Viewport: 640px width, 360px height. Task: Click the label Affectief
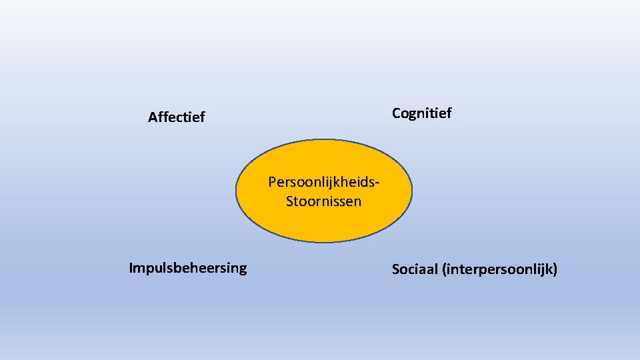[x=177, y=118]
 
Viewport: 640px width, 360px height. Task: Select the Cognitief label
[x=421, y=113]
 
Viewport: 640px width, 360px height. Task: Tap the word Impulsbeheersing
[x=187, y=268]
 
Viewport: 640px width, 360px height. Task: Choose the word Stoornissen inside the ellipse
[x=324, y=201]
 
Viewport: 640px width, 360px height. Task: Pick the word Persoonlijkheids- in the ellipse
[x=324, y=181]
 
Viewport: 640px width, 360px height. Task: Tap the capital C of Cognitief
[x=397, y=113]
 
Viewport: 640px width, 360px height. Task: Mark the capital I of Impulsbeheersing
[x=131, y=268]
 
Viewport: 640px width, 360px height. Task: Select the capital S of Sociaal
[x=396, y=269]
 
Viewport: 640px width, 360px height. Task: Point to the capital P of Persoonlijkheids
[x=272, y=181]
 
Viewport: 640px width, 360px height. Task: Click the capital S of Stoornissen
[x=290, y=201]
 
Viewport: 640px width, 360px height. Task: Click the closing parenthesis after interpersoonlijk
[x=555, y=269]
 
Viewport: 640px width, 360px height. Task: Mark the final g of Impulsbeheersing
[x=242, y=269]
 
